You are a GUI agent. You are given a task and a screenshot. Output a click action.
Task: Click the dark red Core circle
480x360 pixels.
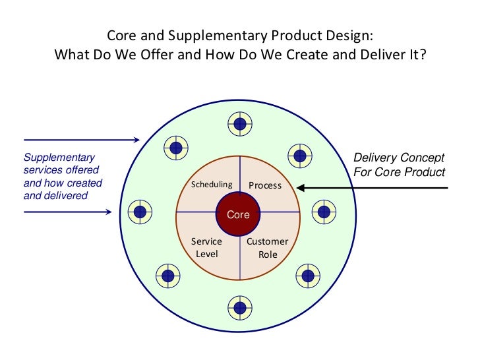pyautogui.click(x=239, y=214)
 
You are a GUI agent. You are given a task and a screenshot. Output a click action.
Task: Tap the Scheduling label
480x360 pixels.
pyautogui.click(x=212, y=185)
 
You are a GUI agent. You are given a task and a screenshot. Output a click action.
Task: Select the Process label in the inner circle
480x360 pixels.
pyautogui.click(x=265, y=185)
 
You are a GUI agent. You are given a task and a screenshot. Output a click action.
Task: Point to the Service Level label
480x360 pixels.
pyautogui.click(x=206, y=248)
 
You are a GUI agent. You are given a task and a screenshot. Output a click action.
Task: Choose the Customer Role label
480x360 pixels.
pyautogui.click(x=267, y=248)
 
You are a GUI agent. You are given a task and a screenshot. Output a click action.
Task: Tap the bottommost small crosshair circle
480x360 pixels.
pyautogui.click(x=240, y=306)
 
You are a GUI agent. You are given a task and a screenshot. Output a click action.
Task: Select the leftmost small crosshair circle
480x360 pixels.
pyautogui.click(x=140, y=212)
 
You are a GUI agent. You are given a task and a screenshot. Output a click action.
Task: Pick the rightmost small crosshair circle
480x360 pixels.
pyautogui.click(x=323, y=212)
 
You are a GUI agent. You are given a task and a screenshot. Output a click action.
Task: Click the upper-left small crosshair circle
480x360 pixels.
pyautogui.click(x=175, y=148)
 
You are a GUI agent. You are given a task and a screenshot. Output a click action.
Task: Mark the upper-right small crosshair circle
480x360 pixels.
pyautogui.click(x=301, y=156)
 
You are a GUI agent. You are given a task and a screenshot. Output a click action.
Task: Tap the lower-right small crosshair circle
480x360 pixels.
pyautogui.click(x=305, y=274)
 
